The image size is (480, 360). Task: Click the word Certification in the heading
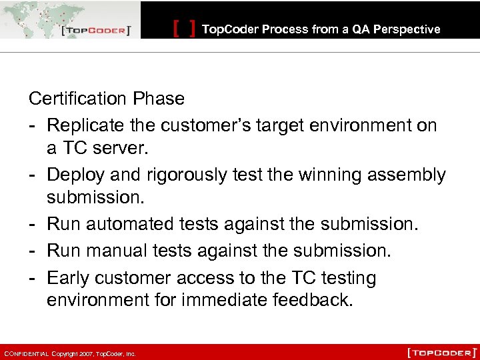(78, 99)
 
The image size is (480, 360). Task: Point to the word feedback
(312, 301)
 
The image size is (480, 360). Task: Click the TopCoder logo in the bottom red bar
(441, 352)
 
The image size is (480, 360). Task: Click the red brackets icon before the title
(184, 29)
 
